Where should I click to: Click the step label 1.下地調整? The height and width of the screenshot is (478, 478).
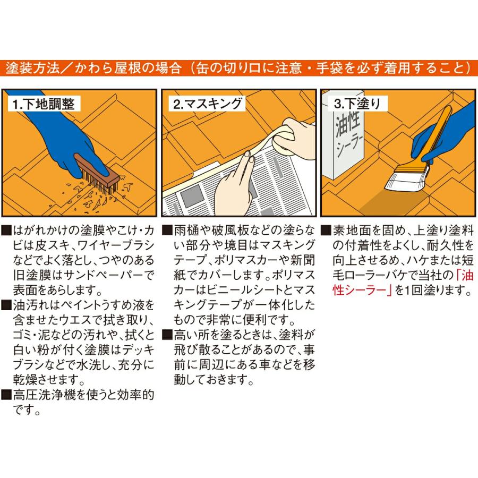click(x=44, y=104)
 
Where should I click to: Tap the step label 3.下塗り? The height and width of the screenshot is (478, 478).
click(x=357, y=104)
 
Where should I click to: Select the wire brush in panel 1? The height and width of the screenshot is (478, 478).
click(x=98, y=174)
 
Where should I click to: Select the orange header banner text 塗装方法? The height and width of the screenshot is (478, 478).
click(x=32, y=68)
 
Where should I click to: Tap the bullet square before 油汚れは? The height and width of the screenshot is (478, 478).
click(x=6, y=305)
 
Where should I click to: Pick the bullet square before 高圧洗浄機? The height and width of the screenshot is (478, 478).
click(x=6, y=395)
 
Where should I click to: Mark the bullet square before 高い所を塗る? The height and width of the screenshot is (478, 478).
click(x=167, y=335)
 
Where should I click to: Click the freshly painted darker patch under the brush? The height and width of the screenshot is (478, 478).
click(x=393, y=203)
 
